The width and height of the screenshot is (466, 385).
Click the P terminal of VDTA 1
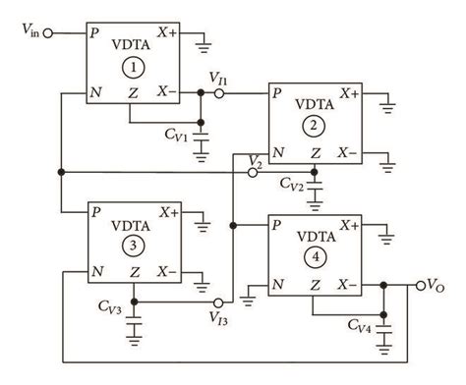click(x=93, y=32)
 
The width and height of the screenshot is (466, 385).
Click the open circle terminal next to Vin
click(x=46, y=32)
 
